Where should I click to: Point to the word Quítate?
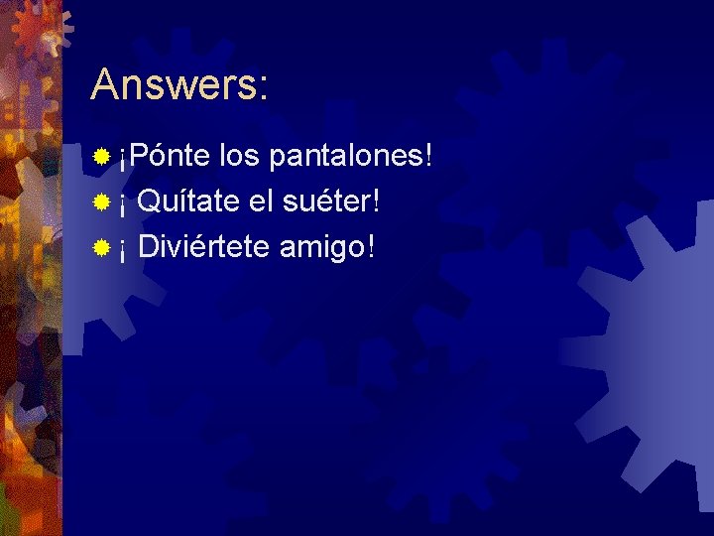187,201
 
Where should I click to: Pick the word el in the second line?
260,201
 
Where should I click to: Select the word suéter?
323,201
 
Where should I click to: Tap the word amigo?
322,247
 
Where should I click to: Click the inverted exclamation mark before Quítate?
122,204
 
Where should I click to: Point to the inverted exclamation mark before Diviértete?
122,249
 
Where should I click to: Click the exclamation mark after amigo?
371,246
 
